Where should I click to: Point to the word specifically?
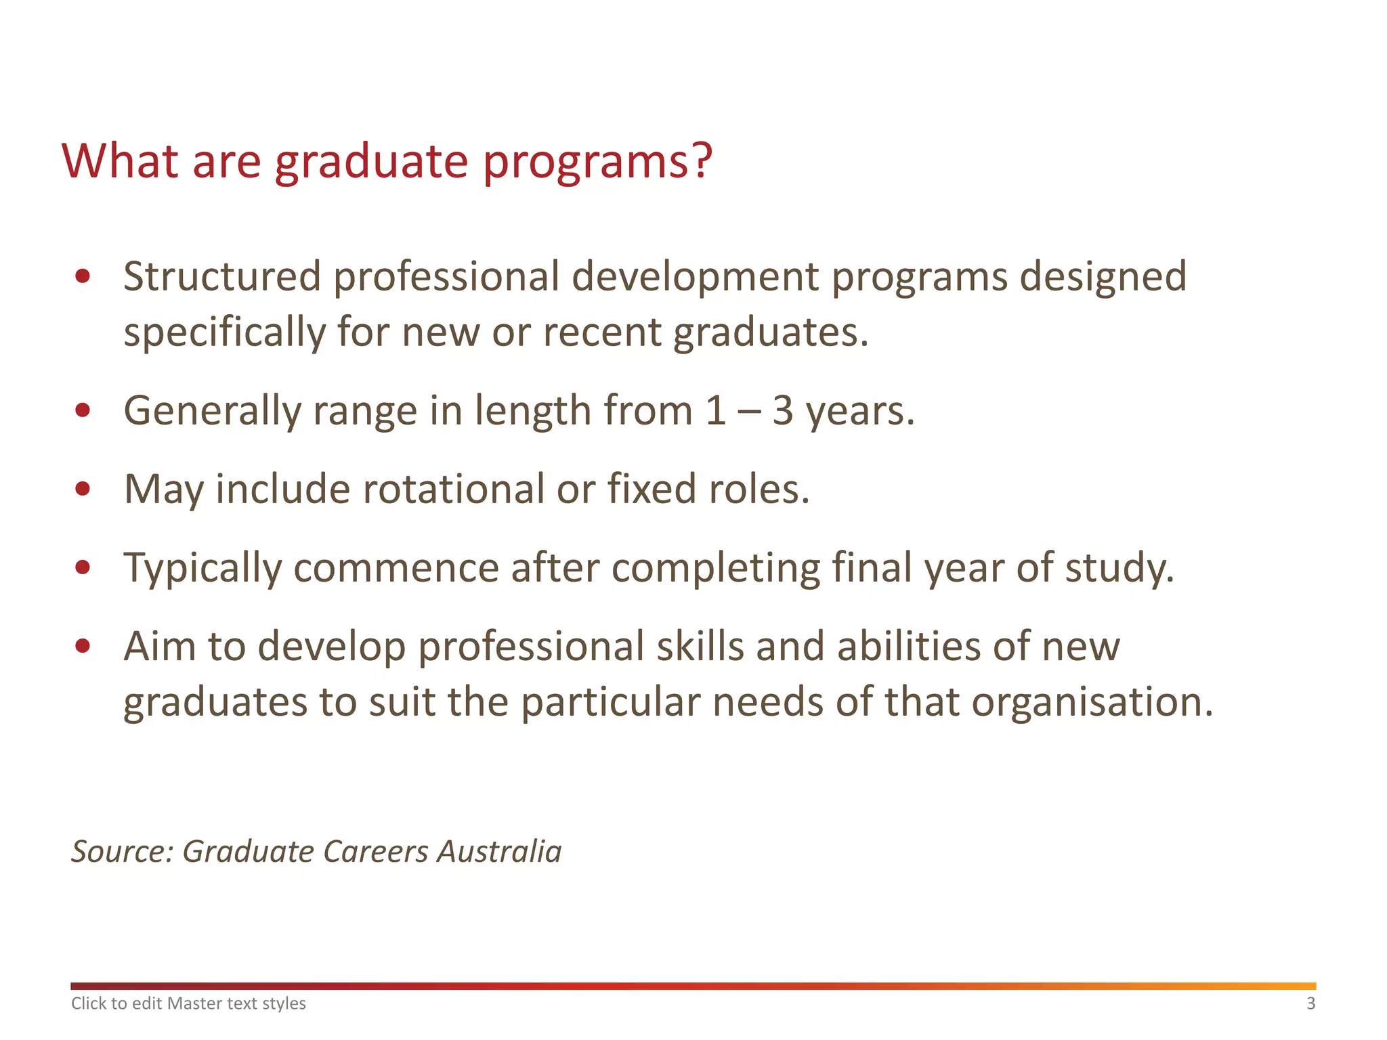pyautogui.click(x=224, y=333)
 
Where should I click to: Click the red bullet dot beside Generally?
pyautogui.click(x=83, y=410)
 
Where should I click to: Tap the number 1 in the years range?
pyautogui.click(x=715, y=411)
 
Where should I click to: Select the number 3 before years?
pyautogui.click(x=782, y=411)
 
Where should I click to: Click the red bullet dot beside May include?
pyautogui.click(x=83, y=489)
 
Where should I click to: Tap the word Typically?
pyautogui.click(x=202, y=567)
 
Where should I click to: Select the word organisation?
pyautogui.click(x=1090, y=702)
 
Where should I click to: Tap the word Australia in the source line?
pyautogui.click(x=499, y=852)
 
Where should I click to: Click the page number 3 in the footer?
pyautogui.click(x=1310, y=1003)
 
